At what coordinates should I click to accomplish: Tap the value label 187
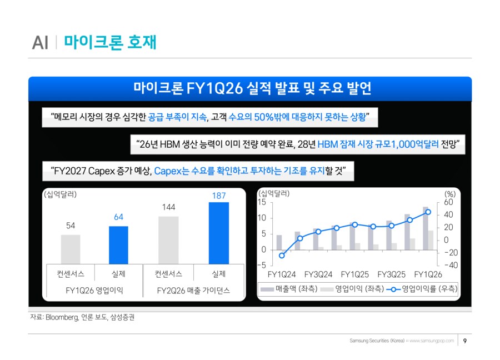218,196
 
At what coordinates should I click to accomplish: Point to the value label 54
71,226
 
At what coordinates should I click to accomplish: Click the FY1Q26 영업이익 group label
94,291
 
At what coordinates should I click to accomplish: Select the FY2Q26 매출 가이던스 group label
193,291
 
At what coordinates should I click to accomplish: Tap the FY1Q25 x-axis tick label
355,274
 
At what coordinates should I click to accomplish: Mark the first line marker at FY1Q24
282,256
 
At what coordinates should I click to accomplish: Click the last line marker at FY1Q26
428,212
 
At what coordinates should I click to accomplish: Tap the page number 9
464,341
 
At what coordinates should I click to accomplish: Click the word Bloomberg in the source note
62,318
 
